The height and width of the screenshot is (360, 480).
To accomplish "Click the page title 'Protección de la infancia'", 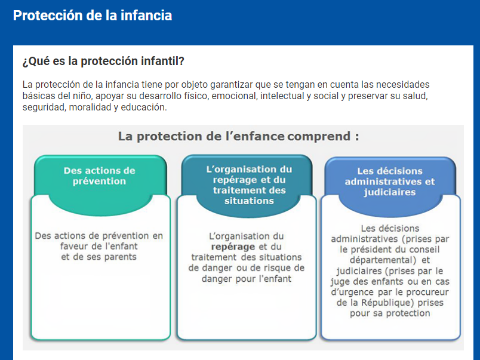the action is click(93, 16).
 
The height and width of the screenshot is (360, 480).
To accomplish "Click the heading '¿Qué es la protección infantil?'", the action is click(103, 61).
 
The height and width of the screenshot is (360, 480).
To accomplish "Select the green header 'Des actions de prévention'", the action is click(100, 176).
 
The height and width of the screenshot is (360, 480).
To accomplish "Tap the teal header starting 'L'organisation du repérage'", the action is click(249, 185).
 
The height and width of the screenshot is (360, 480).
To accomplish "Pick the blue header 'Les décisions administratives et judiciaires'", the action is click(390, 181).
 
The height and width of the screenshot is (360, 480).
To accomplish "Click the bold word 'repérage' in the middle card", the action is click(233, 247).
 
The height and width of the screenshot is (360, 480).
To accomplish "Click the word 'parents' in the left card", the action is click(121, 257).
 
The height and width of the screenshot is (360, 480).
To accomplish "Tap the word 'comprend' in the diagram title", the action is click(319, 137).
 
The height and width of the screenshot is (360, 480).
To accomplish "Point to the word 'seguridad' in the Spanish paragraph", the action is click(44, 107).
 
